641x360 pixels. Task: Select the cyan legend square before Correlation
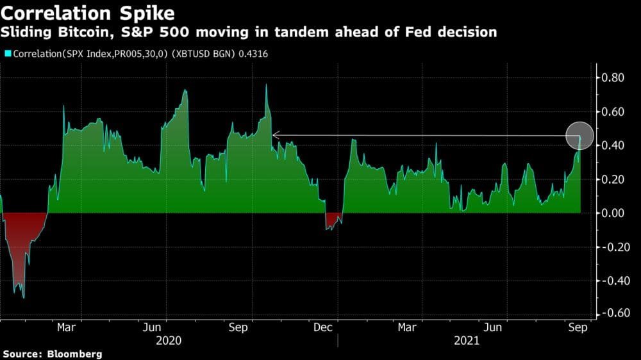tap(7, 54)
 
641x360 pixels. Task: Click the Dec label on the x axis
tap(323, 328)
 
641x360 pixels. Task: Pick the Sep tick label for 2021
tap(579, 328)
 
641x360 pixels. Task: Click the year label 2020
tap(169, 341)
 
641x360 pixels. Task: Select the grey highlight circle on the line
tap(580, 135)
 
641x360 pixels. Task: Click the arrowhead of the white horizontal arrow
tap(274, 135)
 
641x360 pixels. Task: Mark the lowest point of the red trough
tap(24, 298)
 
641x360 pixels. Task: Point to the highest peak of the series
tap(266, 85)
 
